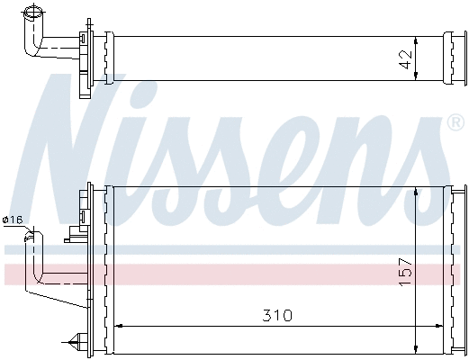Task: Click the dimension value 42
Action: coord(405,59)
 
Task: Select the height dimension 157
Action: coord(405,271)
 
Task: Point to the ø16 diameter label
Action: coord(14,220)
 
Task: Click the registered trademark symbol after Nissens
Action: coord(455,122)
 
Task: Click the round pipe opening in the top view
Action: coord(35,12)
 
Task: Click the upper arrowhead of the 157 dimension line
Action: coord(416,191)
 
